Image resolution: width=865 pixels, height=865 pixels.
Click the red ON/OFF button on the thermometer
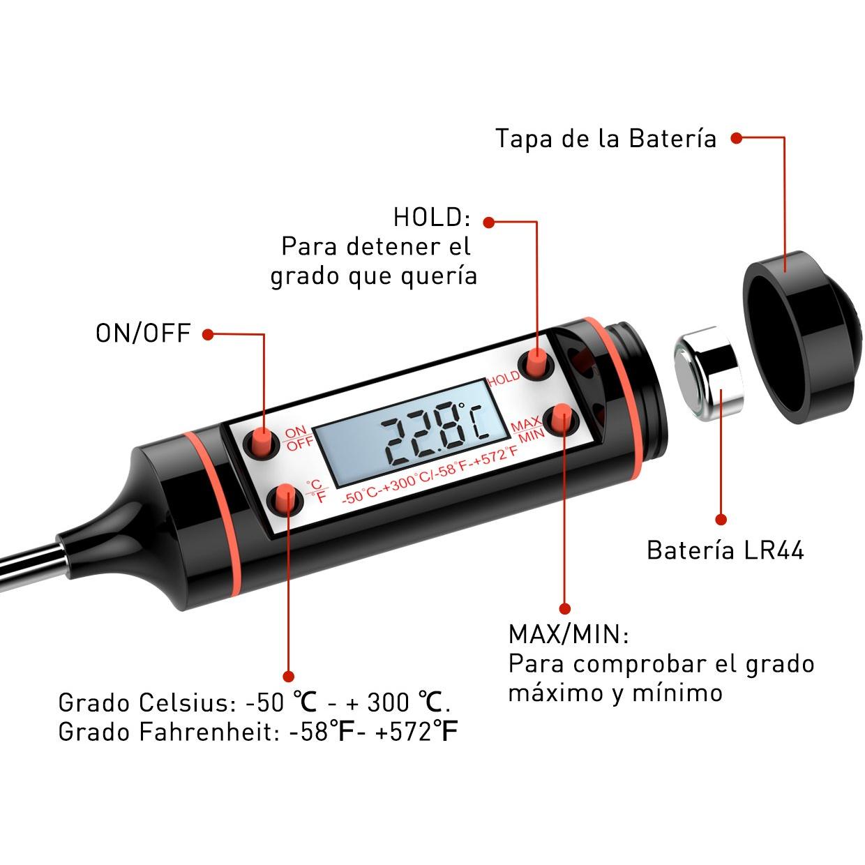pos(262,442)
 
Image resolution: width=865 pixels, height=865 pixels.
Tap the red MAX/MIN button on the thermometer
pos(561,417)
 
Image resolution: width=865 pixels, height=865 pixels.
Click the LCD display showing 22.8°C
pos(411,434)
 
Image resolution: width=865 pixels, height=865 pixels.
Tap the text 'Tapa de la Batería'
pos(605,138)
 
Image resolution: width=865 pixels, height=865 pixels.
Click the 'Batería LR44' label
pos(725,550)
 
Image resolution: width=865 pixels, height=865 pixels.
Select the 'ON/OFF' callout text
pos(143,333)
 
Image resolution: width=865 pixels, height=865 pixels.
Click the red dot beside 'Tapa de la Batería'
pos(736,138)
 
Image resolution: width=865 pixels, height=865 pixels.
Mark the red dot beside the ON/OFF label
pos(207,334)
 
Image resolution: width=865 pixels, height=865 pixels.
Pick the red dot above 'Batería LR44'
pos(721,520)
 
